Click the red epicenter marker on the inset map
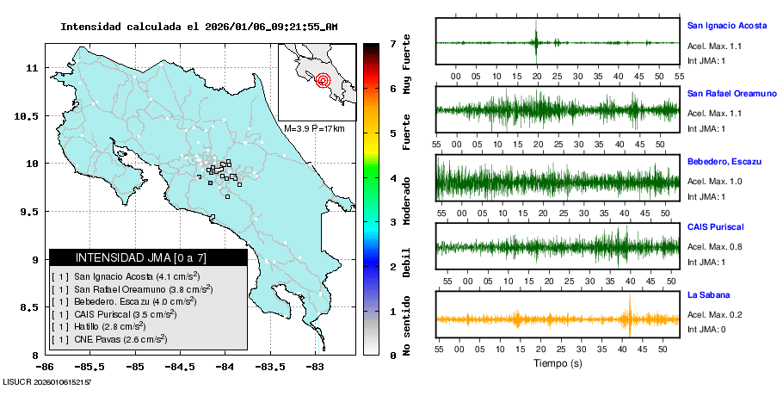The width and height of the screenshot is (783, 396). click(x=324, y=81)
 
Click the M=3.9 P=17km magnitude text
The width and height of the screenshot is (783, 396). click(x=314, y=129)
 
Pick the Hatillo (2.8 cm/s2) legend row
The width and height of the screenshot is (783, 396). click(x=109, y=326)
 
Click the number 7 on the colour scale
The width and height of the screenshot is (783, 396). click(x=392, y=43)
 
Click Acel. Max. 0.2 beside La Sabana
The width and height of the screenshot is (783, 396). click(x=713, y=314)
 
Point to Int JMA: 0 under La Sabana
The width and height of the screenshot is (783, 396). click(x=706, y=329)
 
